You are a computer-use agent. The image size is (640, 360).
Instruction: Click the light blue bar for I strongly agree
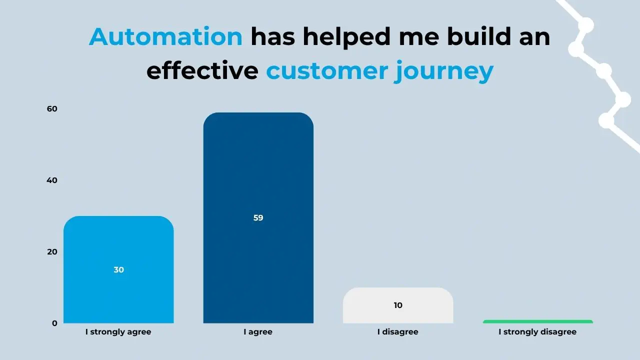(x=118, y=269)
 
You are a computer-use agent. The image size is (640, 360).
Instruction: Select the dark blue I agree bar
(x=258, y=217)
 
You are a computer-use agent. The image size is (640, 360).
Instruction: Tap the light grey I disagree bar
(x=398, y=305)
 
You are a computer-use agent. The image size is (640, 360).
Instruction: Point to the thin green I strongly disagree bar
(x=537, y=321)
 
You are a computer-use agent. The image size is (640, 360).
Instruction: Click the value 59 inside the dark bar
(x=258, y=217)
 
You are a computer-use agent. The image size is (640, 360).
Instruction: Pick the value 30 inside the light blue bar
(x=118, y=269)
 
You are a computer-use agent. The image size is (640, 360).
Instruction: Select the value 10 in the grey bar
(x=398, y=305)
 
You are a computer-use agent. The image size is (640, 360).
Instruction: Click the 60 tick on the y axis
(x=52, y=109)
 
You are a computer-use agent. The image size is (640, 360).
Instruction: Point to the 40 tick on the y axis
(x=52, y=180)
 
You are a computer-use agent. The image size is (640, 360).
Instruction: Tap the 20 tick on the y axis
(x=52, y=251)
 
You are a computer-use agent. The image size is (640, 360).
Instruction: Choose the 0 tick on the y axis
(x=54, y=323)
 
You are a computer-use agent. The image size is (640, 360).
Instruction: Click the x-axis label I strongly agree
(x=118, y=332)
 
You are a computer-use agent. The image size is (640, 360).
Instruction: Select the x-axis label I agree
(x=258, y=332)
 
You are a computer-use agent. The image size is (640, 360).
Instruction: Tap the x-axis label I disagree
(x=397, y=332)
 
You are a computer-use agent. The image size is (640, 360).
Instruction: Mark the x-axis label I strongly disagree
(x=537, y=332)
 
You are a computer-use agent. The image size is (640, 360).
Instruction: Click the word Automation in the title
(x=165, y=36)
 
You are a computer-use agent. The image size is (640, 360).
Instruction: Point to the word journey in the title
(x=443, y=71)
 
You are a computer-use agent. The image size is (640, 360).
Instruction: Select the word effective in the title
(x=202, y=69)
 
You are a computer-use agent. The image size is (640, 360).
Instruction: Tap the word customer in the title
(x=327, y=71)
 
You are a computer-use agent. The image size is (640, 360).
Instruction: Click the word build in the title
(x=479, y=36)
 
